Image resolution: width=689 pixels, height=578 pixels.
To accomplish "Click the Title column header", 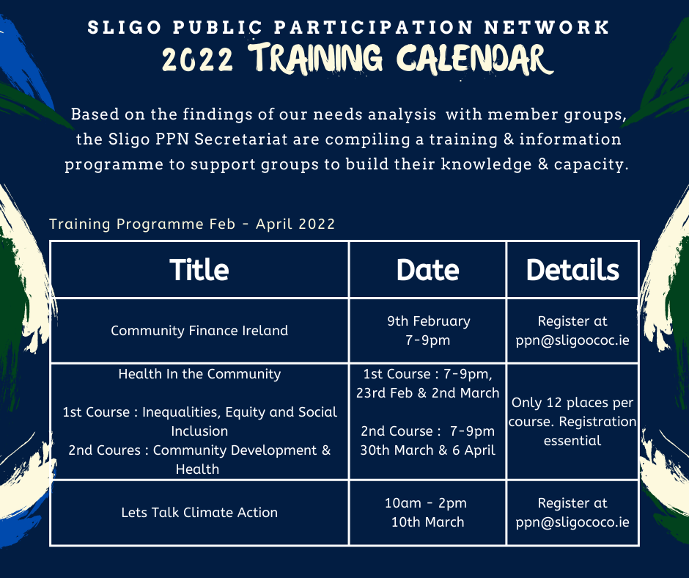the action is (199, 270).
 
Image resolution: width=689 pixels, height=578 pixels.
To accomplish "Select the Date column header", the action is (427, 270).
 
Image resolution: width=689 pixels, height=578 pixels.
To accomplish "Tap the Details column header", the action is (572, 270).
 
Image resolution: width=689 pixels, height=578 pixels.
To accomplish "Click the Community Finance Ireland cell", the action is (199, 330).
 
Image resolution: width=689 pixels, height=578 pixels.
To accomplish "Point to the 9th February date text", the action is (429, 321).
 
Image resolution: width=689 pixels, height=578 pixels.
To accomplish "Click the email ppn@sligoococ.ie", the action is (572, 340).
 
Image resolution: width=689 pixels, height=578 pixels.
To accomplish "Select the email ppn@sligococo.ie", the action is (572, 522).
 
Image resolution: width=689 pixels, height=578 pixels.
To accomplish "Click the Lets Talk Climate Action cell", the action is (199, 513).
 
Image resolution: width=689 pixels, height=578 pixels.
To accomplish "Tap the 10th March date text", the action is (427, 522).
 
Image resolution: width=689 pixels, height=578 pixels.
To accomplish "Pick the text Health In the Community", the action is (199, 374).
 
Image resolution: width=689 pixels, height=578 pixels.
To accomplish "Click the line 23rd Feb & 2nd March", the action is (427, 393).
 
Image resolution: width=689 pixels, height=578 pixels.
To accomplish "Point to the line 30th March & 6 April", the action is (427, 450).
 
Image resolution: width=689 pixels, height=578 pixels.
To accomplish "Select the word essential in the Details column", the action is (572, 441).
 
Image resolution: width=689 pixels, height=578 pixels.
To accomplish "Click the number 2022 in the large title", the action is (197, 60).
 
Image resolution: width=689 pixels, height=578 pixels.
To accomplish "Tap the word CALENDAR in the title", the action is (474, 59).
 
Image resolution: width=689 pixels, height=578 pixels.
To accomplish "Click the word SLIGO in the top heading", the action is (125, 27).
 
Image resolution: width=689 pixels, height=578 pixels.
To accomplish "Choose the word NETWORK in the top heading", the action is (547, 27).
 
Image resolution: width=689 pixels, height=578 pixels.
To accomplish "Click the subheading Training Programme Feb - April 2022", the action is (192, 224).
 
